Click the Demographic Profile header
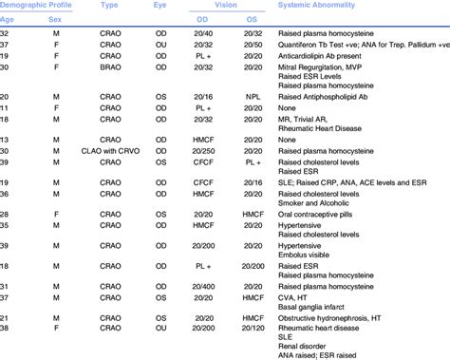pos(36,5)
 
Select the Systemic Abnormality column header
pos(319,5)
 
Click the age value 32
pos(7,31)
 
